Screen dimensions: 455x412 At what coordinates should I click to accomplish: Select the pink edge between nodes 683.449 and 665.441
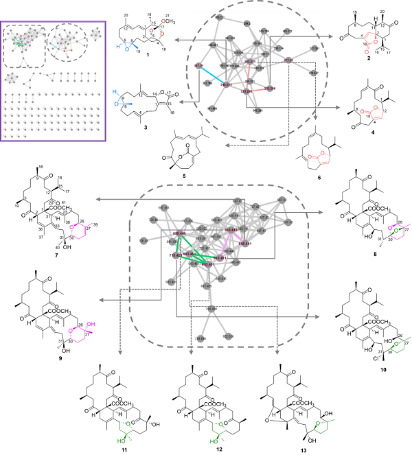(x=237, y=236)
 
